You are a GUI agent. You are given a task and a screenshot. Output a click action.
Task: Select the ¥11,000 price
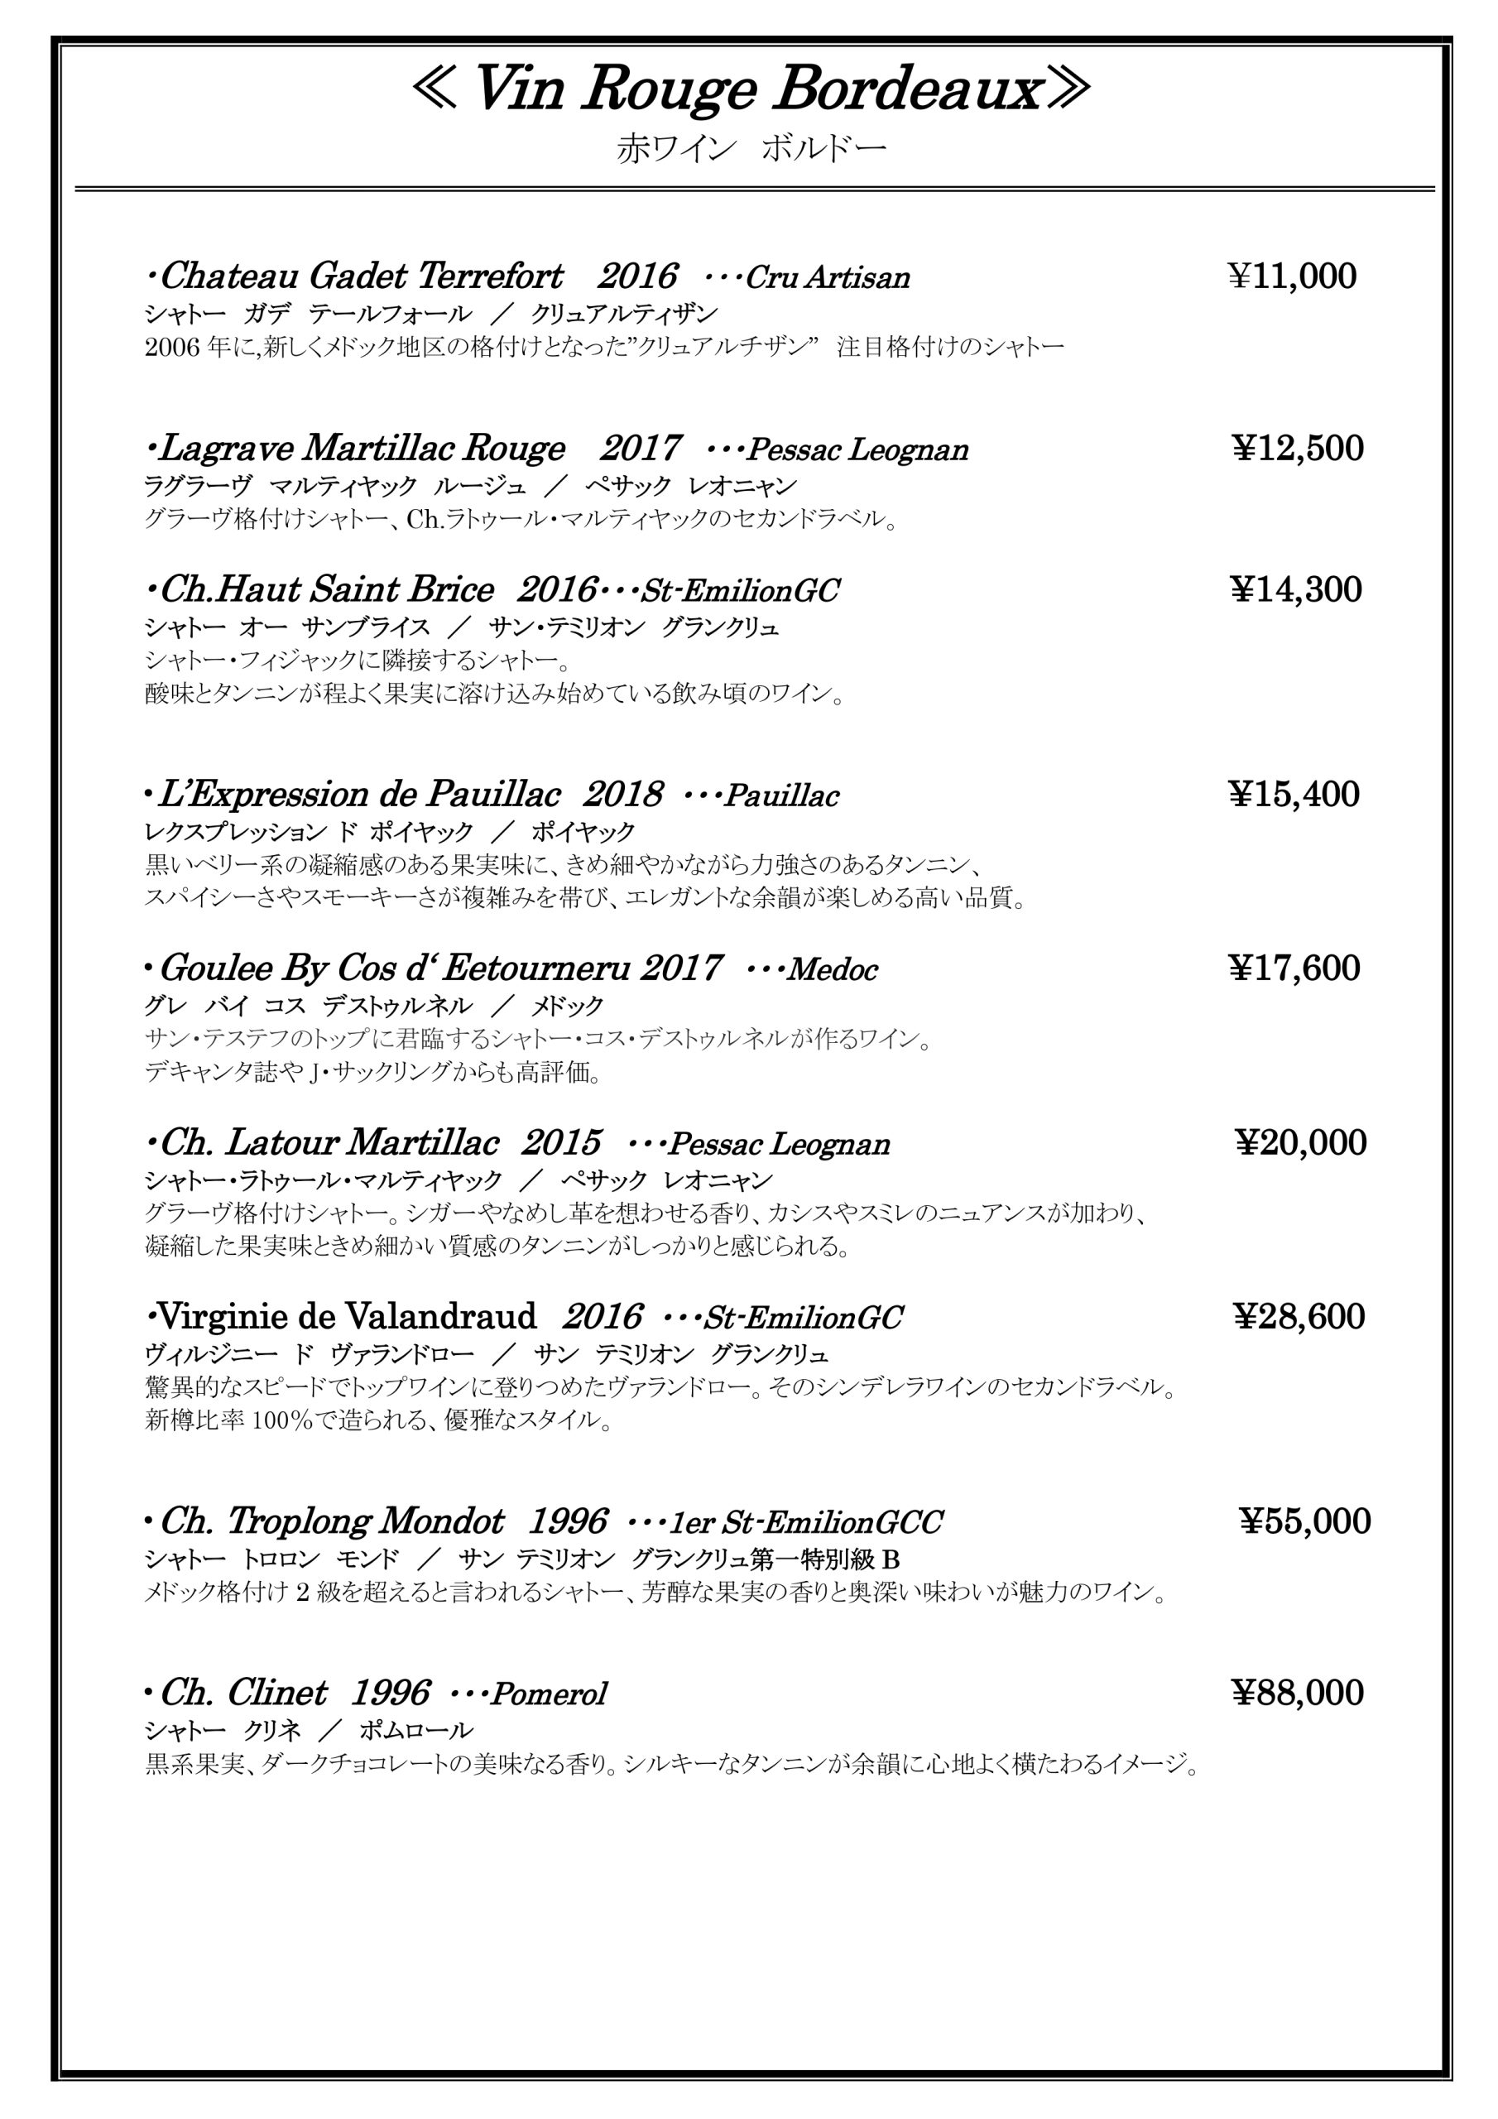pos(1292,276)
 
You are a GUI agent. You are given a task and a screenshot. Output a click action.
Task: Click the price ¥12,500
pos(1298,449)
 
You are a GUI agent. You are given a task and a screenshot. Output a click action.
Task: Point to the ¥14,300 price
pos(1296,589)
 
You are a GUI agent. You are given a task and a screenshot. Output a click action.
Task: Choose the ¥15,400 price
pos(1294,795)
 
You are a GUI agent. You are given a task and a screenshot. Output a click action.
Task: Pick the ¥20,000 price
pos(1300,1142)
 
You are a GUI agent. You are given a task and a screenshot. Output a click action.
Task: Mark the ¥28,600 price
pos(1299,1316)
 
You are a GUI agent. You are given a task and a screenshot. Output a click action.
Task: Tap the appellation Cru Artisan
pos(827,278)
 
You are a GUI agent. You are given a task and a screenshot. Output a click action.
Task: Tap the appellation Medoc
pos(832,970)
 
